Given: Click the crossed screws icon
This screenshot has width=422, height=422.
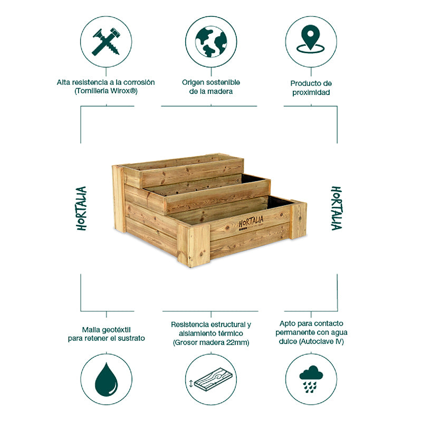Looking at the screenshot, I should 106,42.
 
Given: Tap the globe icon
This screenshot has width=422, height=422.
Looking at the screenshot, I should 210,42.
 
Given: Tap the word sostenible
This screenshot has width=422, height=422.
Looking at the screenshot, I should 223,83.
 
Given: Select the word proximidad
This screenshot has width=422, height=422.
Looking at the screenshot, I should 311,92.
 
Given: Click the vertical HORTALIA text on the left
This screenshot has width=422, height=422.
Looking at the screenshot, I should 82,208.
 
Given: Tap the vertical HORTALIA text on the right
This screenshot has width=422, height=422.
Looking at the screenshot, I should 336,208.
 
